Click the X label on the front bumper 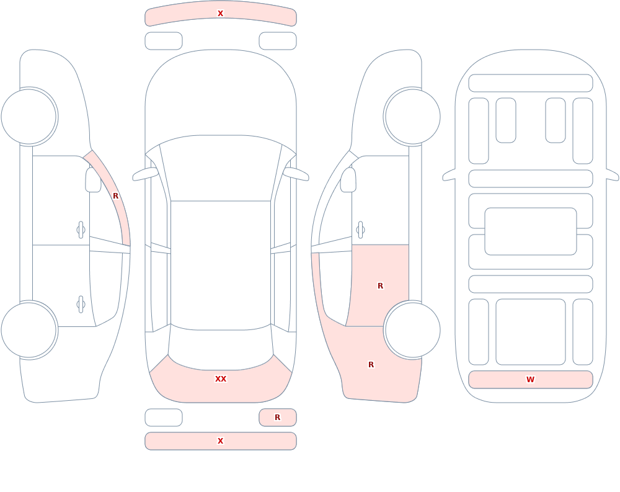(x=220, y=14)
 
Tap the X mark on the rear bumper (x=220, y=441)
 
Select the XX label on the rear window (x=221, y=379)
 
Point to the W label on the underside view (x=530, y=380)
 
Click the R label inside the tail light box (x=278, y=417)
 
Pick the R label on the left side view (x=115, y=196)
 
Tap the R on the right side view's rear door (x=381, y=286)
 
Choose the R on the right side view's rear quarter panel (x=371, y=365)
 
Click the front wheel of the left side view (x=29, y=117)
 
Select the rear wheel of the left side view (x=29, y=330)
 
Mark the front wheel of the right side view (x=412, y=117)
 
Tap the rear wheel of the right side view (x=412, y=330)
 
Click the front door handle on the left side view (x=81, y=230)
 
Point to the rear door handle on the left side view (x=81, y=305)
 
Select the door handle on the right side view (x=360, y=230)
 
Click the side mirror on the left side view (x=93, y=180)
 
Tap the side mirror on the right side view (x=348, y=180)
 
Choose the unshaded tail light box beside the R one (x=163, y=418)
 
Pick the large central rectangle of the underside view (x=531, y=231)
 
